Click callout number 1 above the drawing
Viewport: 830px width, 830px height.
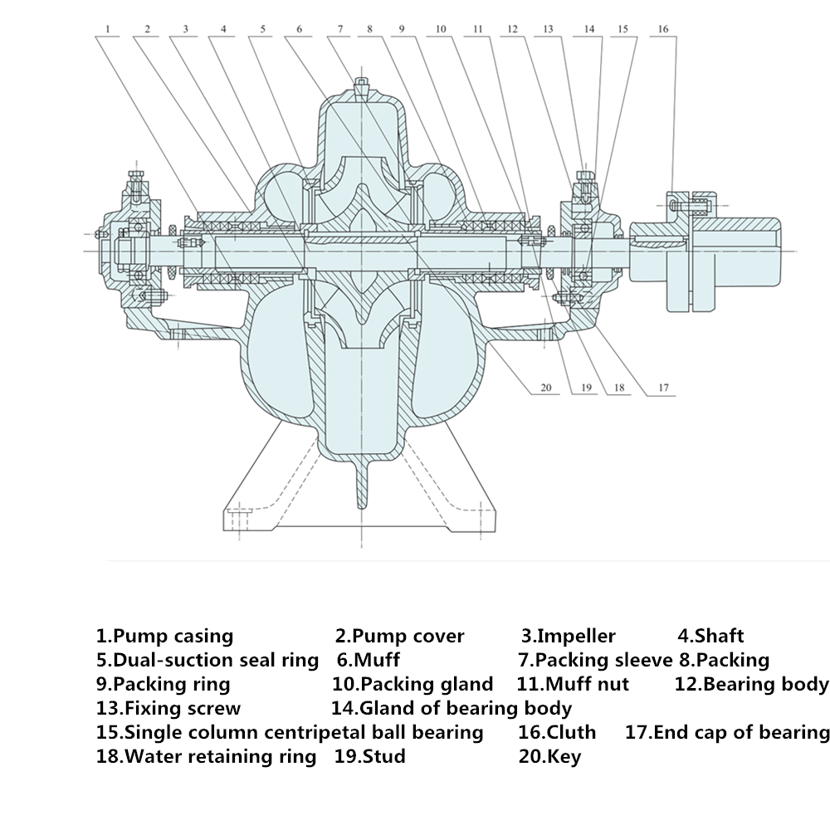click(x=109, y=29)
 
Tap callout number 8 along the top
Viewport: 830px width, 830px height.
click(x=370, y=29)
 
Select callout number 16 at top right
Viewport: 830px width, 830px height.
click(x=662, y=29)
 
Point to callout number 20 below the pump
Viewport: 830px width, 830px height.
click(x=545, y=387)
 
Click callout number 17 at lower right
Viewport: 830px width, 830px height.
click(x=663, y=387)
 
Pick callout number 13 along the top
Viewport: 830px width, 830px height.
click(x=548, y=29)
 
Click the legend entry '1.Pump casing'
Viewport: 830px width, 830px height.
click(x=164, y=637)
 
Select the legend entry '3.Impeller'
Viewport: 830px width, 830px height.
click(x=569, y=637)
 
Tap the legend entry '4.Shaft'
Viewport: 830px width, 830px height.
click(x=710, y=637)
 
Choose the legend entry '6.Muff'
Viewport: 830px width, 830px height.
click(x=368, y=661)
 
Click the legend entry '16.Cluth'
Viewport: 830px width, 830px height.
click(x=557, y=732)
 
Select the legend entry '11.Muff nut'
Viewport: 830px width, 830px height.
click(x=573, y=685)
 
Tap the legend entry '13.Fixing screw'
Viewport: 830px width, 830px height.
click(x=168, y=708)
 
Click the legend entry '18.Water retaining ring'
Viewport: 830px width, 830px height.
click(x=206, y=756)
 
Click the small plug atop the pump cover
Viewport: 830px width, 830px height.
click(x=363, y=85)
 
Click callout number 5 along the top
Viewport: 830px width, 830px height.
click(x=263, y=29)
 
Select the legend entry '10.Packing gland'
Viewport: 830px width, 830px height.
click(x=412, y=685)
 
